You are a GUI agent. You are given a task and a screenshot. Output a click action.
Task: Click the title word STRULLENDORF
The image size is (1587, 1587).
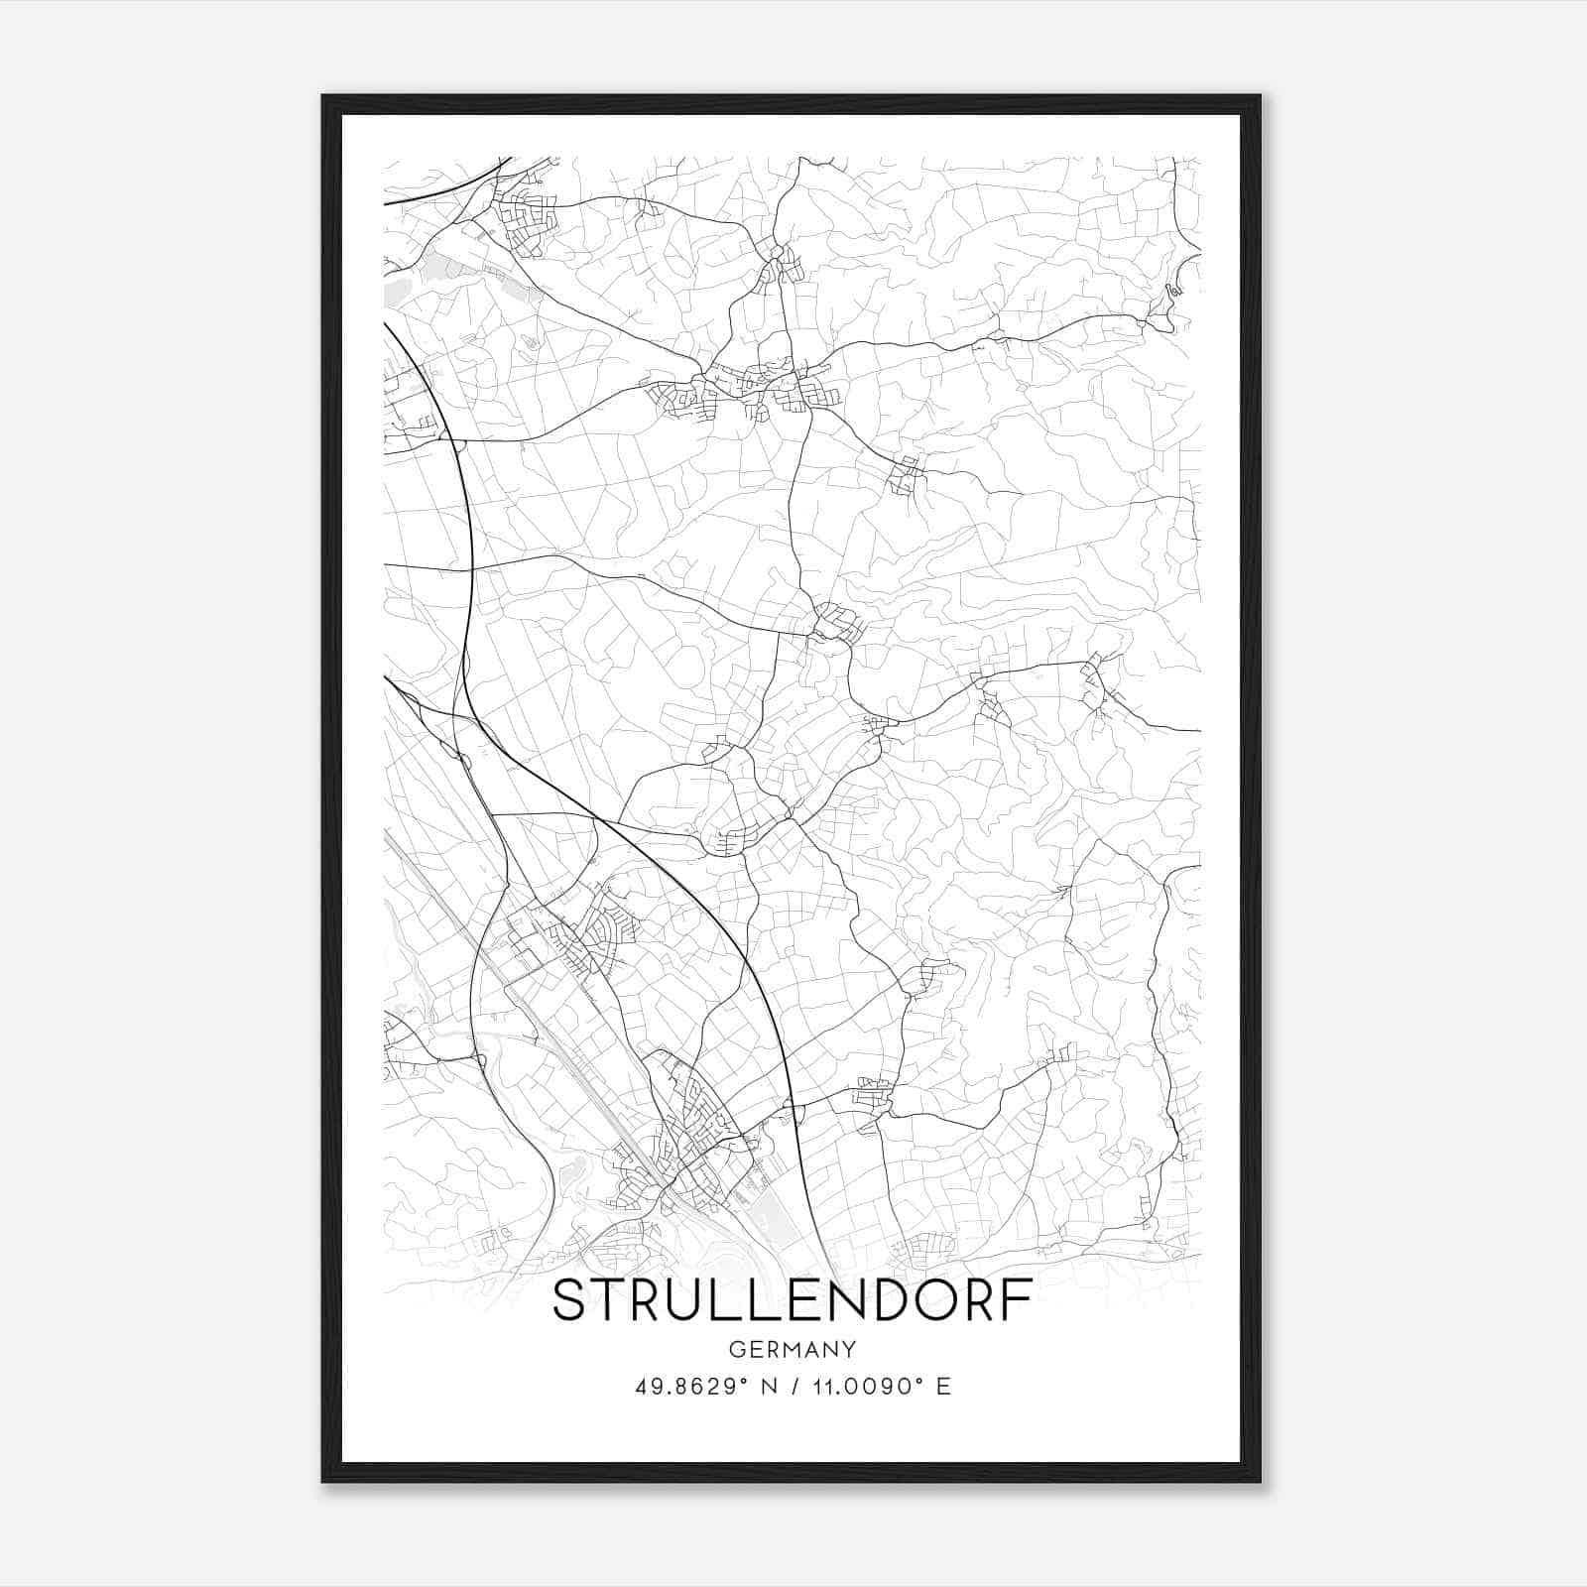pos(793,1300)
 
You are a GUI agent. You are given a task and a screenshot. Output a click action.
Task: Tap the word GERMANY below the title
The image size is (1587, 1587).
pos(793,1350)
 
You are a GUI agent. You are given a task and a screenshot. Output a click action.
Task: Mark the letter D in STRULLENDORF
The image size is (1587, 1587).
pos(881,1300)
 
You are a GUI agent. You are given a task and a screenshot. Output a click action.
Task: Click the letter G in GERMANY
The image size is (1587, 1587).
pos(736,1350)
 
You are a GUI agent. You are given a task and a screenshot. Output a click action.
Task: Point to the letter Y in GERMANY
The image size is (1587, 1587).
pos(849,1350)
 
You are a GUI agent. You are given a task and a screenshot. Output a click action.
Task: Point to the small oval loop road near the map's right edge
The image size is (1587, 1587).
pos(1173,291)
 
